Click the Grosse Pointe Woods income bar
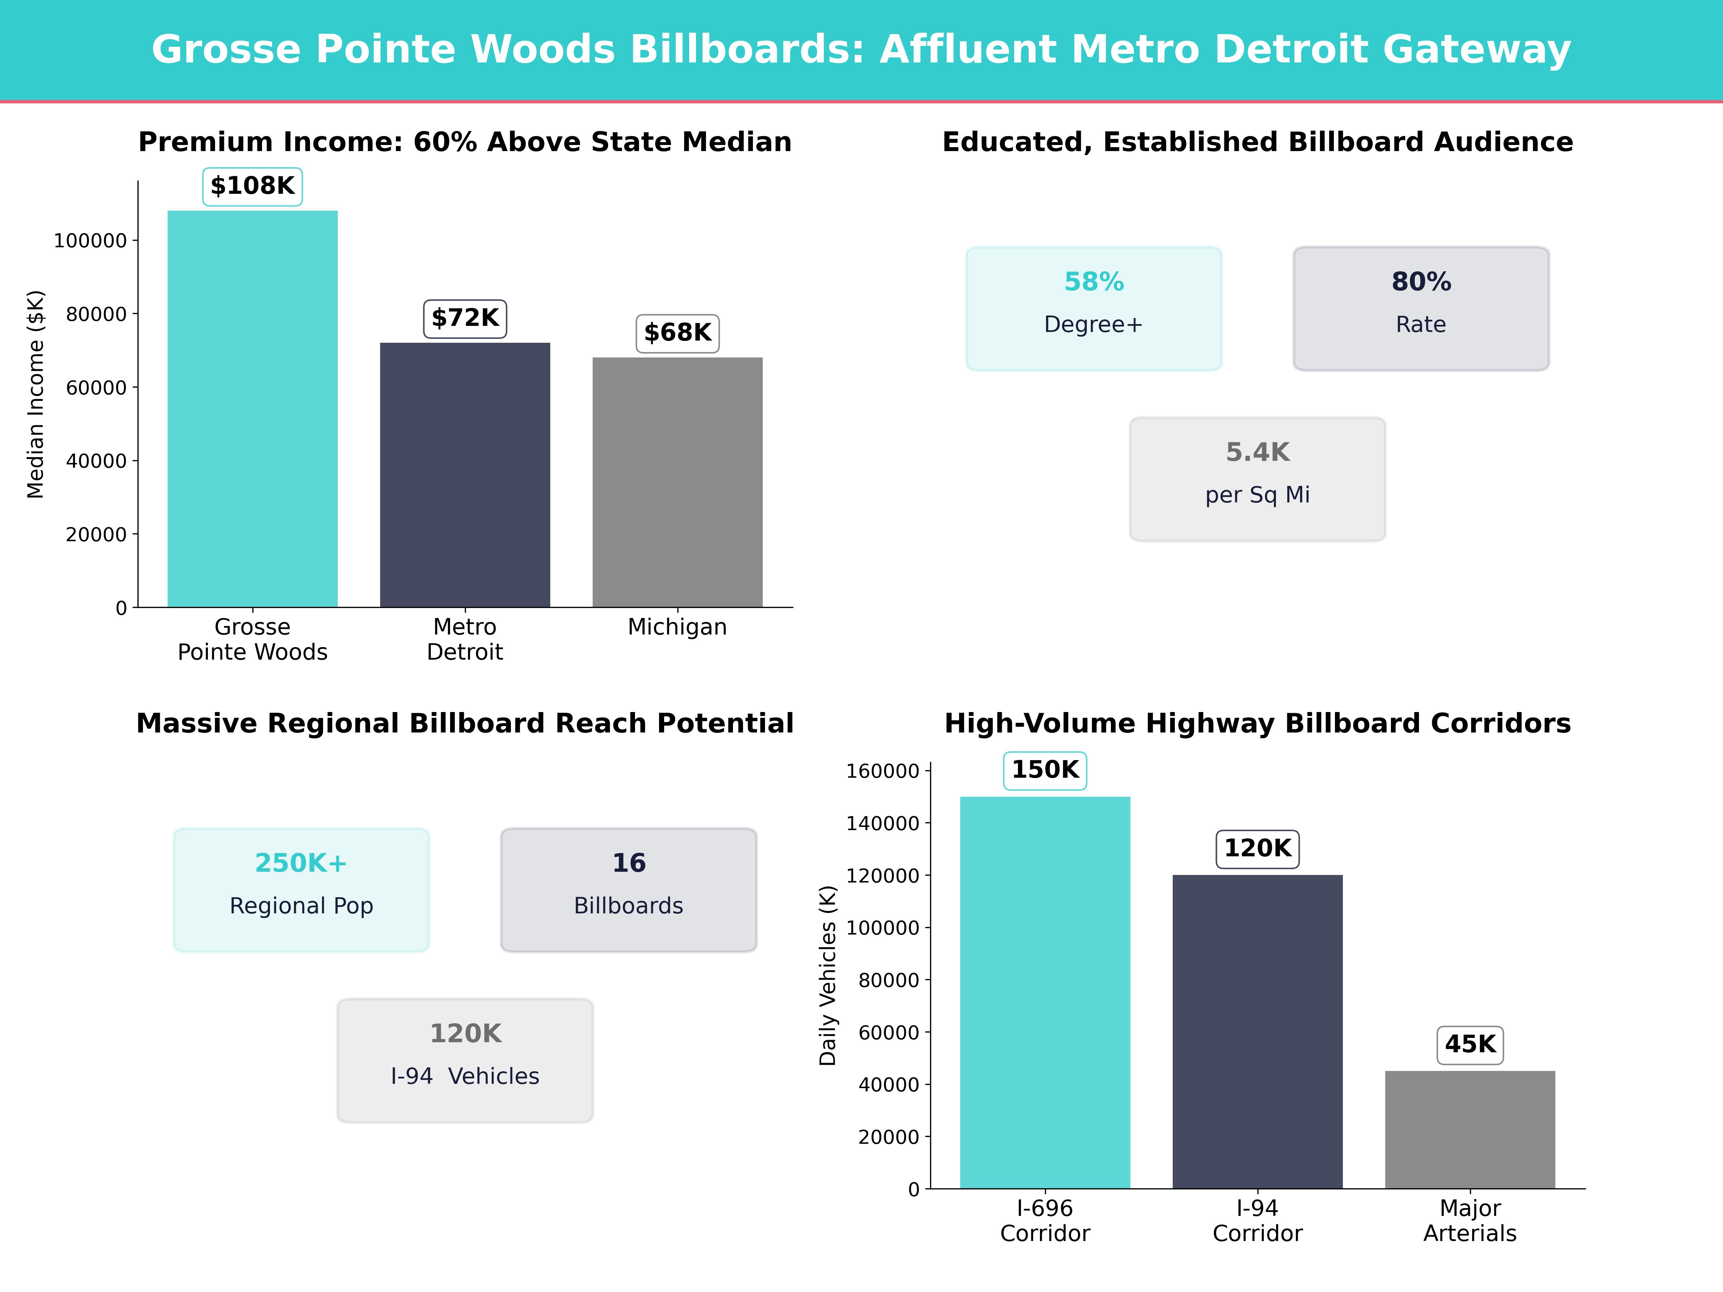click(252, 409)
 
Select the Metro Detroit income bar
click(465, 475)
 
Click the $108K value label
click(252, 186)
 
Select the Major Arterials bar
click(1470, 1129)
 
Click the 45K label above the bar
click(1470, 1044)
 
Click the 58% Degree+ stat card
click(1094, 308)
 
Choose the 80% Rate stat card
click(1421, 308)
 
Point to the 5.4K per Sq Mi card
click(1257, 479)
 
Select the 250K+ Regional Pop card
click(302, 889)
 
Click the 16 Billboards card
click(629, 889)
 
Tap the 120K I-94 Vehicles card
click(465, 1060)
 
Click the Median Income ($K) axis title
click(36, 394)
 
